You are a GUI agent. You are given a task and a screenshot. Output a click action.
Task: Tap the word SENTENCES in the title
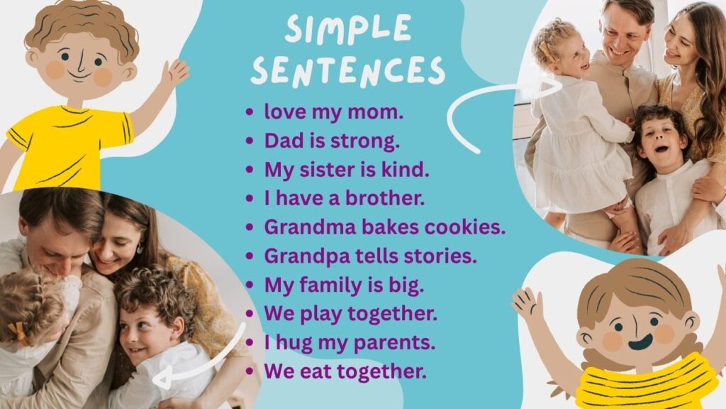348,71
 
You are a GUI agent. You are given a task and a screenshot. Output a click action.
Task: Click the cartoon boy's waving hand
174,72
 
